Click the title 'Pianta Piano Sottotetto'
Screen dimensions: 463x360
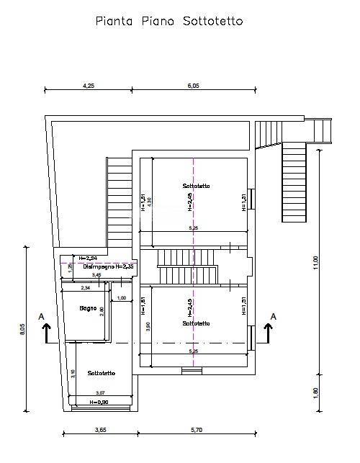[x=170, y=22]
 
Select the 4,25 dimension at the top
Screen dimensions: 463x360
[x=89, y=84]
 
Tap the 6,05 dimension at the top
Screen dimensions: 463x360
[x=193, y=84]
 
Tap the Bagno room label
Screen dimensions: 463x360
[x=89, y=308]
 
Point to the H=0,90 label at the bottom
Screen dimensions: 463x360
[x=99, y=402]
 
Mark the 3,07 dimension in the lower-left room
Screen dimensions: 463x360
[x=100, y=392]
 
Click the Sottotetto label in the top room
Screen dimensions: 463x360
[x=196, y=186]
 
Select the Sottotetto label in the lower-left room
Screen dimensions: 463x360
[x=99, y=373]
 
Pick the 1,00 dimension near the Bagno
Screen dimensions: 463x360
[x=121, y=298]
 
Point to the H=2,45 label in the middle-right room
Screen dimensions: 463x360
[x=189, y=308]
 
